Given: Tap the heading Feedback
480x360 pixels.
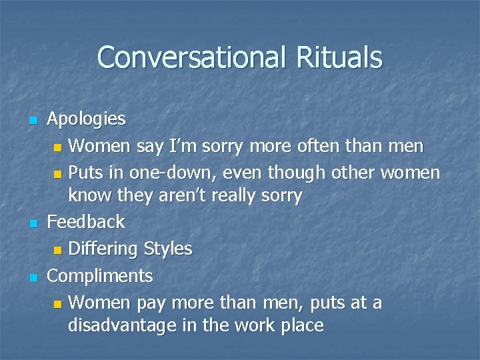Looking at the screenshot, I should click(x=86, y=221).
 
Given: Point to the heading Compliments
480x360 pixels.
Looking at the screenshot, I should click(x=100, y=275).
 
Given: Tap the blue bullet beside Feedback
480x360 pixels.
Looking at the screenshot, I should click(x=32, y=222).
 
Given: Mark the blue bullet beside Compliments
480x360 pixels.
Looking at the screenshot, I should click(x=32, y=276).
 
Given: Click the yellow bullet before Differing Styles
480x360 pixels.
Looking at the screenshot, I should click(x=58, y=250).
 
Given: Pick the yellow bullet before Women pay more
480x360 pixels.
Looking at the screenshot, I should click(x=58, y=304).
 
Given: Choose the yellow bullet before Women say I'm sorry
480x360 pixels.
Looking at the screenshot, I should click(x=58, y=146).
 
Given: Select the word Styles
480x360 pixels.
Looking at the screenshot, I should click(x=167, y=249).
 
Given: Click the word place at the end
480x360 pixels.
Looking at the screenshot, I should click(x=301, y=326).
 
